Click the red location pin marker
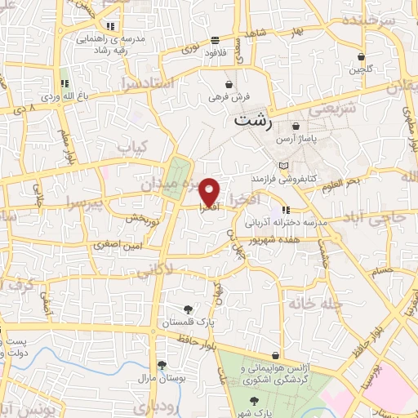(210, 191)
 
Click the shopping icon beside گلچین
(361, 57)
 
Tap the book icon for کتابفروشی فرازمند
(283, 166)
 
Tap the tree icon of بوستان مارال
(162, 365)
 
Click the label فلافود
(215, 51)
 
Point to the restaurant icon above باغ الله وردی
(64, 83)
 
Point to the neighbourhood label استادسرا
(146, 84)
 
